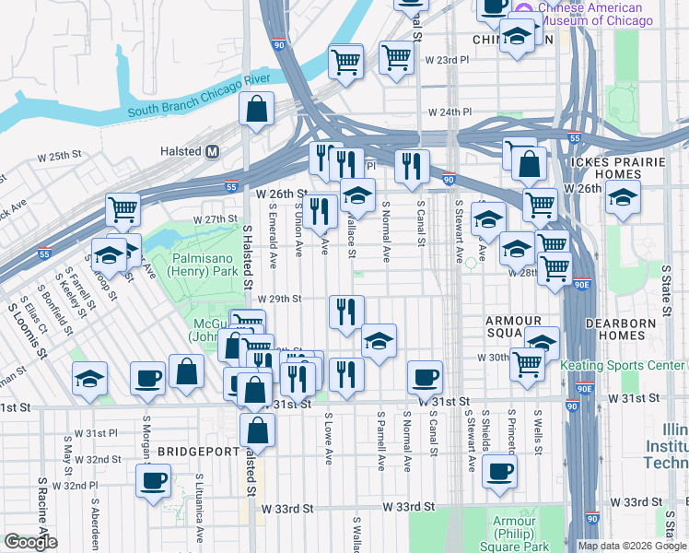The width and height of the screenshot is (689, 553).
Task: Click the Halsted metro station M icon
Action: click(213, 151)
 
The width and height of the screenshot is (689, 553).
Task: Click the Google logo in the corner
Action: click(29, 542)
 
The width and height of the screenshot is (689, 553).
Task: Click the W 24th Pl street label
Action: click(450, 112)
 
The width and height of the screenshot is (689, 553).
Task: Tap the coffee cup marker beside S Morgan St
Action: click(147, 378)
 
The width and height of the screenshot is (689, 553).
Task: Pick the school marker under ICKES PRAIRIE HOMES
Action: click(623, 199)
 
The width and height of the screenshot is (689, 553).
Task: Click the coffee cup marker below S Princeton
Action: click(499, 470)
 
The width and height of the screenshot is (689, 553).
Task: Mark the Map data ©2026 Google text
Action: click(632, 546)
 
